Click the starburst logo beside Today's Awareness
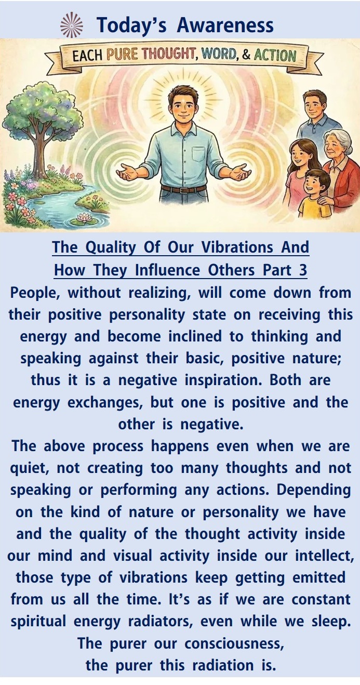(x=72, y=25)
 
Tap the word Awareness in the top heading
(x=225, y=25)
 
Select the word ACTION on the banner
(x=275, y=56)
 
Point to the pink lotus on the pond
(x=83, y=218)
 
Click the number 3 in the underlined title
(x=303, y=270)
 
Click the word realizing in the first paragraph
(x=160, y=293)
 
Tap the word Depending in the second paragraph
(x=314, y=491)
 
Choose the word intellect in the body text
(x=325, y=556)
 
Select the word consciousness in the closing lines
(x=234, y=643)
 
